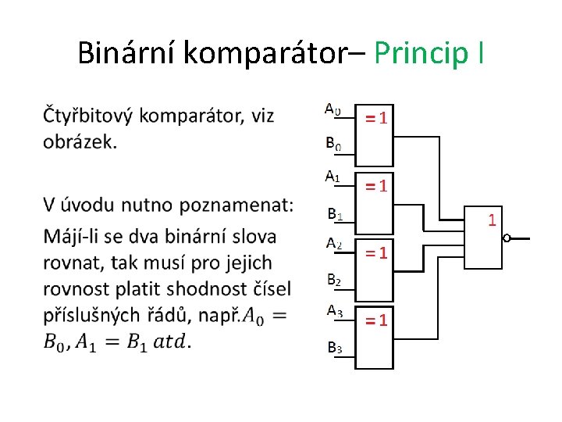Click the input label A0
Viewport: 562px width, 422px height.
pos(333,109)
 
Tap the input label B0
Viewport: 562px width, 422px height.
pos(333,144)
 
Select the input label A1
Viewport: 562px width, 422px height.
pos(333,177)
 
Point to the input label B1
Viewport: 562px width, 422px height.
pos(334,213)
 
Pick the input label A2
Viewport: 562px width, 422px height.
pos(333,243)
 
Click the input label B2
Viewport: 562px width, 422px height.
pos(333,279)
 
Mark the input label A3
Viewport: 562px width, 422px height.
pos(333,311)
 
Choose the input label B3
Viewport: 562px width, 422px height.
pos(333,348)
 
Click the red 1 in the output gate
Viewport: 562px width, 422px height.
pos(492,220)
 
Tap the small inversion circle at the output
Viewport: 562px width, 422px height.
pos(507,239)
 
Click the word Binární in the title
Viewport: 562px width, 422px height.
pos(128,52)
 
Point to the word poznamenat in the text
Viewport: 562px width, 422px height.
pos(235,206)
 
